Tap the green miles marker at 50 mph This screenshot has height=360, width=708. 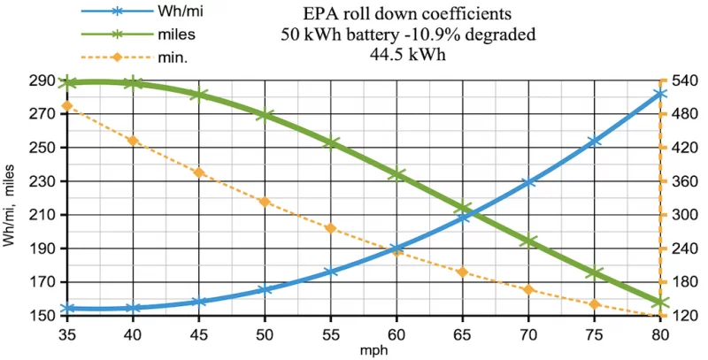click(x=265, y=115)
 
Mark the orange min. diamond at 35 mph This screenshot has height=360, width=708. click(x=67, y=106)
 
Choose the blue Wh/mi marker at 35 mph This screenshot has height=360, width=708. click(x=67, y=309)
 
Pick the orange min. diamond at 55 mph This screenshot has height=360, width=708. click(x=330, y=228)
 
